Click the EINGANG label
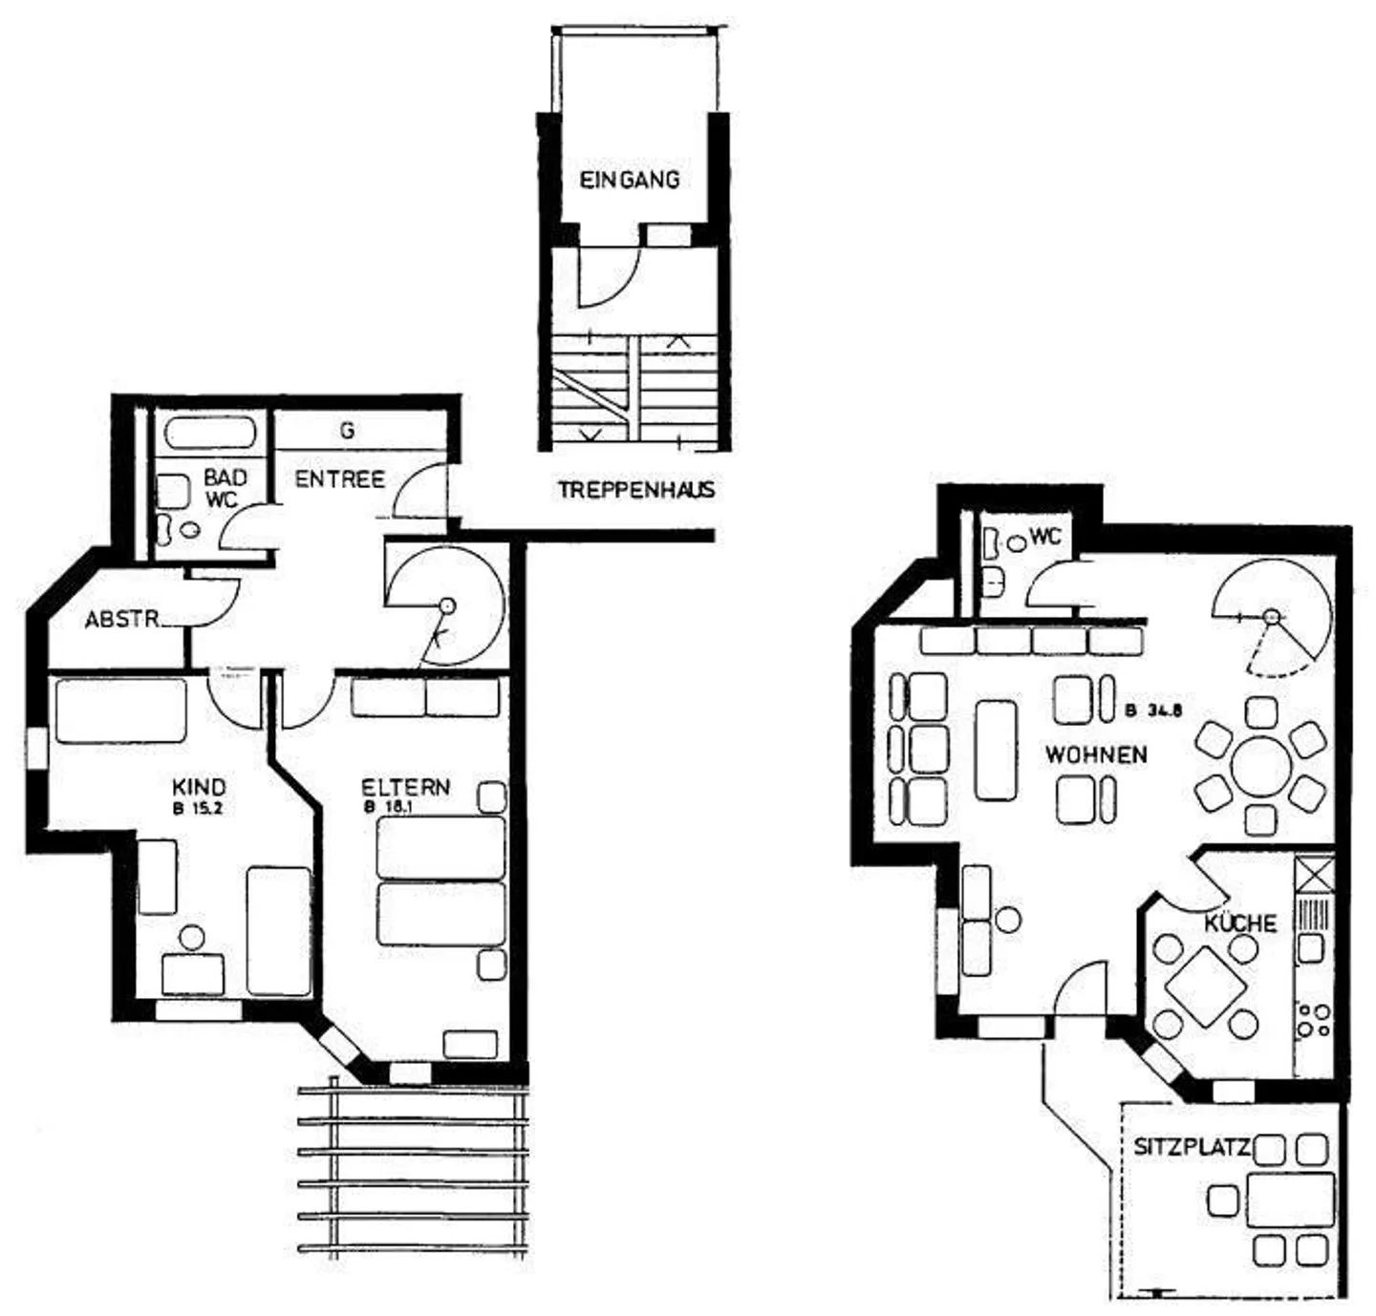(x=630, y=179)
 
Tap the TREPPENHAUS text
(x=636, y=490)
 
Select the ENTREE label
(x=339, y=478)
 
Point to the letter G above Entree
(x=347, y=431)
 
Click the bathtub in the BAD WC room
(x=210, y=434)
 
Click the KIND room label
(x=199, y=787)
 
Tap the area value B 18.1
(x=388, y=807)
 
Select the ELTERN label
(x=405, y=787)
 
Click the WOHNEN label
(x=1096, y=754)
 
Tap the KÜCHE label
(x=1239, y=923)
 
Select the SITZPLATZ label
(x=1191, y=1146)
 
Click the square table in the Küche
(x=1206, y=985)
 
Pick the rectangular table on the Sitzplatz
(x=1289, y=1200)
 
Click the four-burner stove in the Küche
(x=1313, y=1020)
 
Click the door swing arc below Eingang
(x=612, y=277)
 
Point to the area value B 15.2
(x=199, y=807)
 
